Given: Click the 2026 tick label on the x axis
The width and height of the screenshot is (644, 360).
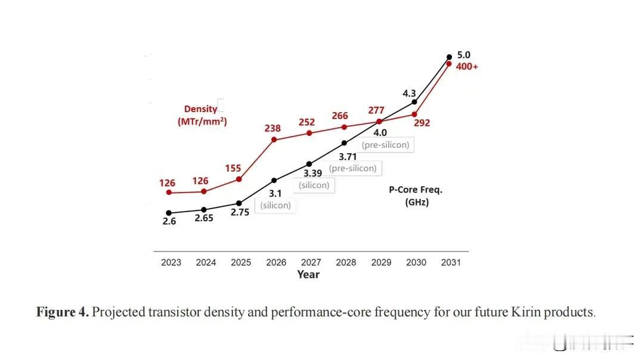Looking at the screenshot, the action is point(276,262).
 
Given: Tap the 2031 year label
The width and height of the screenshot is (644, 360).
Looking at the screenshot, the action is point(451,262).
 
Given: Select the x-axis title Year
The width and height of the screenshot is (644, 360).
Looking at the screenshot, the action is point(308,275).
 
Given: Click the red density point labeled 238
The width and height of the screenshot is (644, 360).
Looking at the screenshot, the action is point(274,139).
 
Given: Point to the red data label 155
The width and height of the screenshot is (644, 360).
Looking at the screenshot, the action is point(233,168).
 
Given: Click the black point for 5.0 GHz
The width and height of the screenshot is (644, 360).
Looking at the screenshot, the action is point(449,57).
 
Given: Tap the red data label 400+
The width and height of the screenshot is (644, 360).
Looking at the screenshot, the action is point(467,67).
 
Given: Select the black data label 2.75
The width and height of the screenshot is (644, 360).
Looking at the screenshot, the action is point(240,212).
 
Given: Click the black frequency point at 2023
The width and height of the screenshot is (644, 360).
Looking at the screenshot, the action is point(169,213).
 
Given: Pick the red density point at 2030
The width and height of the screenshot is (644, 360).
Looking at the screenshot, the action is point(414,114).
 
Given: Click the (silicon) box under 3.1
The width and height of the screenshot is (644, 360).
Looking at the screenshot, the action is point(275,205).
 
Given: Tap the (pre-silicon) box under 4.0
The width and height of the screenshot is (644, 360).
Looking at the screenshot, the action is point(385,145).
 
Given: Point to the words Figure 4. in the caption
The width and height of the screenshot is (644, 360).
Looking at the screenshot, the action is point(63,312).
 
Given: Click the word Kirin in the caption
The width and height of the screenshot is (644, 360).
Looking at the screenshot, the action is point(526,312).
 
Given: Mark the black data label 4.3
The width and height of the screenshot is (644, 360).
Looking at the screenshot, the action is point(409,94).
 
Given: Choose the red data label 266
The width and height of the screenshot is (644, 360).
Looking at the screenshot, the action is point(340,116).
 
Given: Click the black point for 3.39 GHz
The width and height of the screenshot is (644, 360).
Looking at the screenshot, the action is point(309,164).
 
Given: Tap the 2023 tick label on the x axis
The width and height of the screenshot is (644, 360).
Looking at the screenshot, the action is point(171,262).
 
